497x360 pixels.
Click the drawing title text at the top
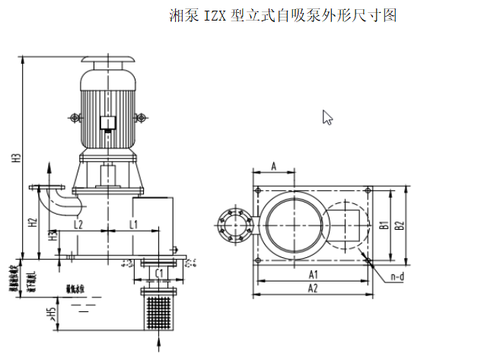282,15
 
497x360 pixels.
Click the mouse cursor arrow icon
327,117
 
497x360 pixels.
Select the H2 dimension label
32,223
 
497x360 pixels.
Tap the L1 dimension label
133,224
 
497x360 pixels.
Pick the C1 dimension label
160,272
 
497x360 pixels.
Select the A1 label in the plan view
313,273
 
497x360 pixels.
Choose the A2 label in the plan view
313,288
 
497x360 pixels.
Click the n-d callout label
397,278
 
